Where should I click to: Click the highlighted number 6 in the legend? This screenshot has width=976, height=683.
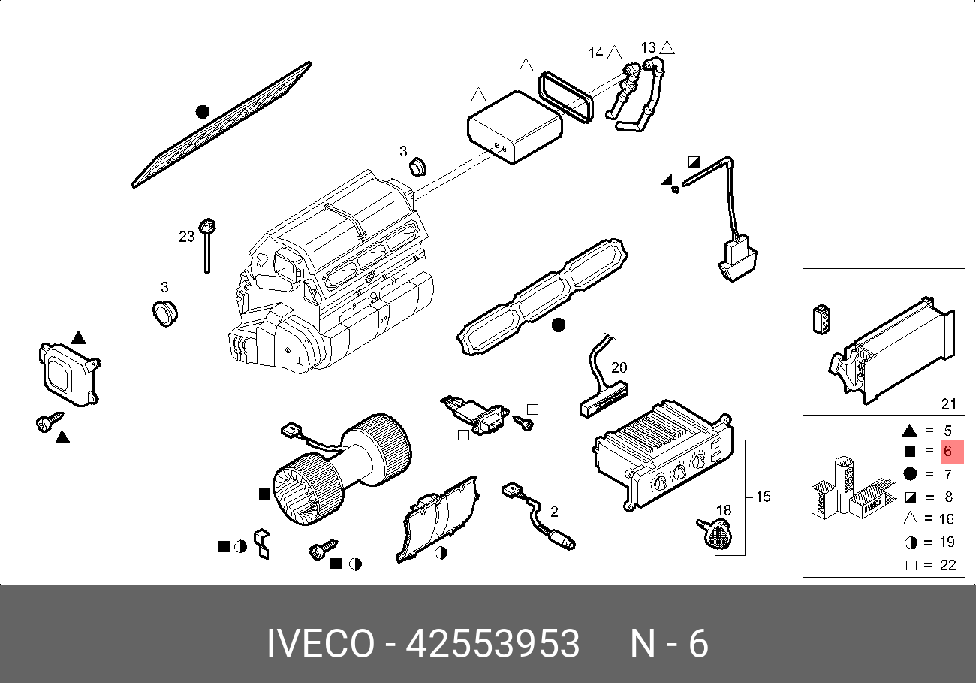[x=948, y=452]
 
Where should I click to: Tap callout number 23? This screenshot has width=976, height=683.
[x=186, y=237]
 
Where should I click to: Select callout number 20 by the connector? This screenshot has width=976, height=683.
[x=619, y=367]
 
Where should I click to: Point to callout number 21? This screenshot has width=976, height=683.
[x=949, y=404]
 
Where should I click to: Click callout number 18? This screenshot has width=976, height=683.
[x=723, y=510]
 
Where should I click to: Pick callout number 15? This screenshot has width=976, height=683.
[x=763, y=497]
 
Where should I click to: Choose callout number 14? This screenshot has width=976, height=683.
[x=595, y=53]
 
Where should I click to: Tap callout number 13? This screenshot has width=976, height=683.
[x=649, y=48]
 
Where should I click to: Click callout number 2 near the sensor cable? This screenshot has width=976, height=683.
[x=554, y=512]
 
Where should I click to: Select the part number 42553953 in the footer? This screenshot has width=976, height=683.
[x=493, y=645]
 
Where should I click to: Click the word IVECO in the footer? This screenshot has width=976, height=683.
[x=320, y=645]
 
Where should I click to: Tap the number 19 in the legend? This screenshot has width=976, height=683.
[x=947, y=542]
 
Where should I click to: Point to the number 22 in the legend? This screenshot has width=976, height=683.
[x=947, y=565]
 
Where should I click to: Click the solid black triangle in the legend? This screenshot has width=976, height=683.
[x=909, y=431]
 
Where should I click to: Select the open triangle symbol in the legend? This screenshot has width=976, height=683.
[x=910, y=518]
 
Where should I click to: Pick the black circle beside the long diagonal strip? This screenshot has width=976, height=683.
[x=201, y=112]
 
